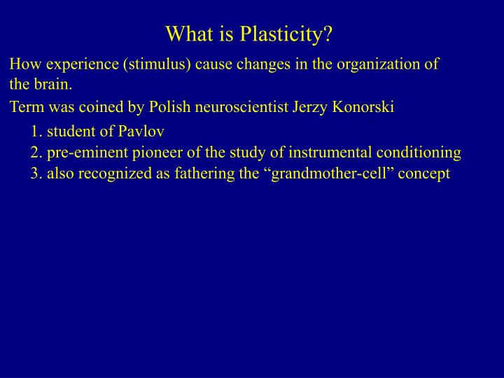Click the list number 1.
tap(35, 132)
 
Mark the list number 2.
tap(35, 153)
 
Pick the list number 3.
tap(35, 174)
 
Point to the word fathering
tap(197, 174)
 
